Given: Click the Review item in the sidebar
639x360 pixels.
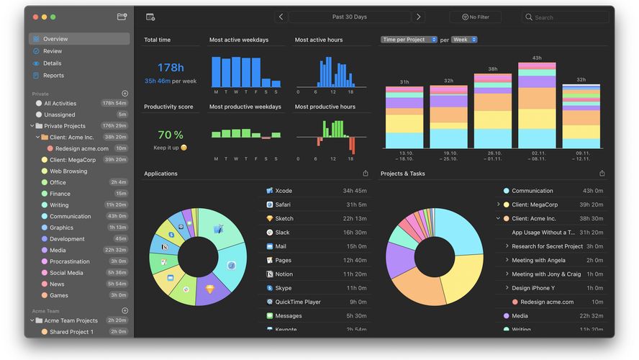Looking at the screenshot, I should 52,51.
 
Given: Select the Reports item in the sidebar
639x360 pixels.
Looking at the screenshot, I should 53,76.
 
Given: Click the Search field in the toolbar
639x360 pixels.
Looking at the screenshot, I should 566,17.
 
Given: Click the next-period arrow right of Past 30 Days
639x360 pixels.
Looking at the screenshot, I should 419,17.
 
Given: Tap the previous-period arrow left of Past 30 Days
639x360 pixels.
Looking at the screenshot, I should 281,17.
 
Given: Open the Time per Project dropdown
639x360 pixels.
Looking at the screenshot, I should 409,40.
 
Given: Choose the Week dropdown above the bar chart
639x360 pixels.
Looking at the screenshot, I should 464,40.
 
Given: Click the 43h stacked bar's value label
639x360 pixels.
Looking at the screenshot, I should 537,58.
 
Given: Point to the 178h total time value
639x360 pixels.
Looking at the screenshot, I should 171,68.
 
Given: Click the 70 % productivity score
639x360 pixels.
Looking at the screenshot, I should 171,135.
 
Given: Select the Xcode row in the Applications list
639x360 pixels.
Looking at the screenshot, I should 284,191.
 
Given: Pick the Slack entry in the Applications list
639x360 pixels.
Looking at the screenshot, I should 282,233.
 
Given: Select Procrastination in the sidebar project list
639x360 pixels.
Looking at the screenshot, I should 70,261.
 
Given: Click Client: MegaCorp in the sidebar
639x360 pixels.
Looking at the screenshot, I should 73,160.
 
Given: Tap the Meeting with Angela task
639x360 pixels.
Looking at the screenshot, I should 538,261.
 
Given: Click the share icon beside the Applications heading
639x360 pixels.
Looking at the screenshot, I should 366,174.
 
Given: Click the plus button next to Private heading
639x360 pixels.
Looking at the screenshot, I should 124,94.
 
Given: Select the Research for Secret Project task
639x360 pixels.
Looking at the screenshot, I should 547,246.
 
